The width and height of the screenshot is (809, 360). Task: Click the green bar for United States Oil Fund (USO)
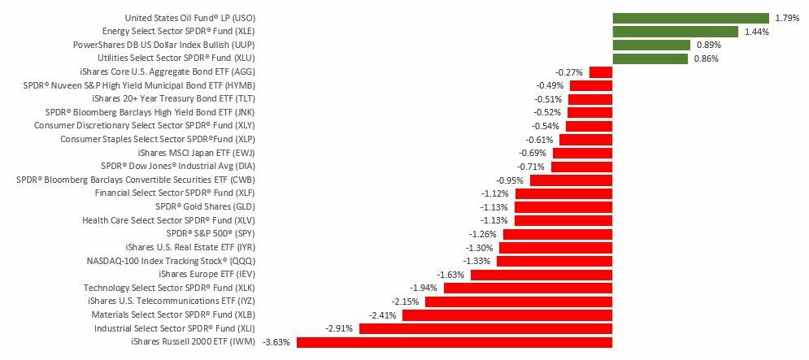pyautogui.click(x=690, y=18)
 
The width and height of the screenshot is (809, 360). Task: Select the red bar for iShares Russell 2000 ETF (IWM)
pyautogui.click(x=455, y=342)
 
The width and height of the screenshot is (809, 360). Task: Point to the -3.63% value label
pyautogui.click(x=277, y=342)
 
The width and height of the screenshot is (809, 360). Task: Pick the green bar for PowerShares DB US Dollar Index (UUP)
pyautogui.click(x=651, y=45)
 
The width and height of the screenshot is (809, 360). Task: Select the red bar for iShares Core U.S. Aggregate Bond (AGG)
pyautogui.click(x=601, y=72)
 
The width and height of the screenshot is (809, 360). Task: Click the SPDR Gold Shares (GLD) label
pyautogui.click(x=189, y=206)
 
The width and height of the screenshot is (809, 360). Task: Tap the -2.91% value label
pyautogui.click(x=340, y=328)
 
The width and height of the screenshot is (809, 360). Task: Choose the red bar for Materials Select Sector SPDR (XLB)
pyautogui.click(x=507, y=314)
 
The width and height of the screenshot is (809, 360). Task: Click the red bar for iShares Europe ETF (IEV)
pyautogui.click(x=542, y=275)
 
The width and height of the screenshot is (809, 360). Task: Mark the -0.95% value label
pyautogui.click(x=510, y=180)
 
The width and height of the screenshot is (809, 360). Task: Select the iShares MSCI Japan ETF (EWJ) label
pyautogui.click(x=191, y=153)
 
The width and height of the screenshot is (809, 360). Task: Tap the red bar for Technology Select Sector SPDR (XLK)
pyautogui.click(x=528, y=288)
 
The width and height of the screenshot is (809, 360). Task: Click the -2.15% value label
pyautogui.click(x=406, y=301)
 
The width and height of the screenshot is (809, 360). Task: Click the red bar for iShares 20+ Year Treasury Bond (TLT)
pyautogui.click(x=590, y=99)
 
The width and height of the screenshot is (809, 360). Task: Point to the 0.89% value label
pyautogui.click(x=707, y=45)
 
